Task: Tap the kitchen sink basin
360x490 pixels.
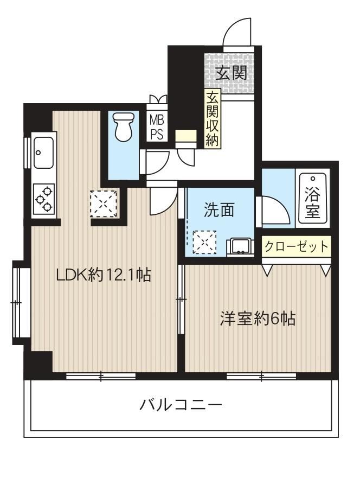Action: (43, 152)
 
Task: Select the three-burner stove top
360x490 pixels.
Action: (44, 199)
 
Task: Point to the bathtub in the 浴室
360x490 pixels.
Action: (313, 198)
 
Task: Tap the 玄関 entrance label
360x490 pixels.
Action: (232, 73)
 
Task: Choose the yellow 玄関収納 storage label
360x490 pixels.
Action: (213, 119)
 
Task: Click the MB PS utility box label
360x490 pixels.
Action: (157, 126)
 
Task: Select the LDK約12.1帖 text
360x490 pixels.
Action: (104, 275)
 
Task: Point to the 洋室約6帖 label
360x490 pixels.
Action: (258, 319)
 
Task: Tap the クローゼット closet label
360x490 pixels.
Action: (296, 246)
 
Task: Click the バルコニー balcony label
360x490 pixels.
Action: (181, 405)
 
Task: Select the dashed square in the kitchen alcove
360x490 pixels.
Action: (104, 203)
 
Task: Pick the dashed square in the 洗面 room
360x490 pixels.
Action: (204, 242)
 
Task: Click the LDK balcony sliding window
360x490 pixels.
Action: (101, 376)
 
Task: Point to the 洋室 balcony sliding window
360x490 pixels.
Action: (261, 376)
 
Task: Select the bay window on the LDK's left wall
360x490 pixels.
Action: (20, 302)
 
